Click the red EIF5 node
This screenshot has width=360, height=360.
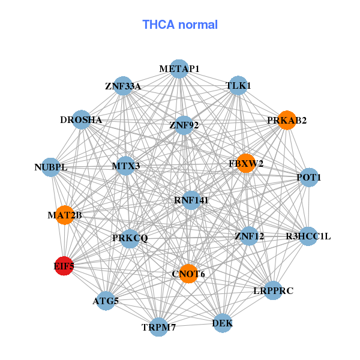(x=64, y=265)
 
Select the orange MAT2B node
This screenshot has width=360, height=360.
(x=65, y=215)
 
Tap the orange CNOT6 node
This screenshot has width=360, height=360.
(x=188, y=274)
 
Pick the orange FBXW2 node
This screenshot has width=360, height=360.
(x=246, y=163)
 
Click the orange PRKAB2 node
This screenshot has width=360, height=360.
(x=287, y=120)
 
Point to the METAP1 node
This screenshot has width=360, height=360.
(x=179, y=69)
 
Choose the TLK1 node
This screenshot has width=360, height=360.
(x=238, y=85)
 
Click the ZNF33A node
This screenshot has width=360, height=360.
(x=122, y=86)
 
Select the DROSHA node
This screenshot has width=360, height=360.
(x=82, y=119)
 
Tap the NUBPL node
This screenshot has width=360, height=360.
(x=51, y=167)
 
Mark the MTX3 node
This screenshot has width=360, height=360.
(x=125, y=166)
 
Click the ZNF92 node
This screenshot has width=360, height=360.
(x=184, y=125)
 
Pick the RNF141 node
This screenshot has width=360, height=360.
(x=191, y=199)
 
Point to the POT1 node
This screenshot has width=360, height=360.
(x=309, y=177)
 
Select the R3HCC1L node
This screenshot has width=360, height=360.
(x=308, y=236)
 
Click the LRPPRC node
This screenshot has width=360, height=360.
(x=272, y=290)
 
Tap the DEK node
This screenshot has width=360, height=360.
(x=222, y=323)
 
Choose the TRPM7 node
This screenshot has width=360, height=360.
(x=158, y=327)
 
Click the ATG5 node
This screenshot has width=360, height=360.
(x=106, y=301)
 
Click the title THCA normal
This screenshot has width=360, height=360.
(x=180, y=25)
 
